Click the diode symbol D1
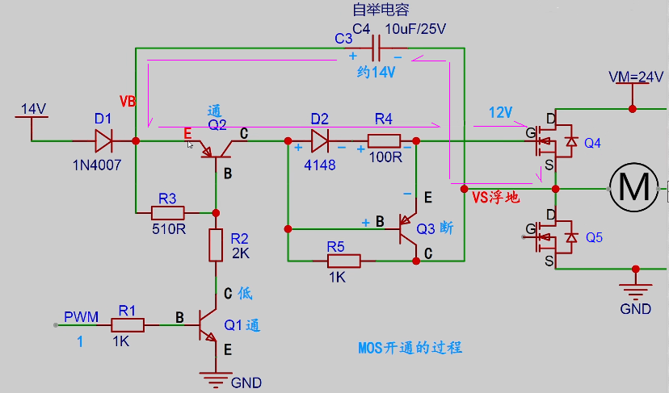click(103, 140)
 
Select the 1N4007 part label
click(97, 165)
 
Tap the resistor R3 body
click(168, 213)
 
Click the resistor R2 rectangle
click(216, 245)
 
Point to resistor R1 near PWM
click(128, 325)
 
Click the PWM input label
click(81, 317)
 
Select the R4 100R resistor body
click(384, 140)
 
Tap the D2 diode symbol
click(320, 140)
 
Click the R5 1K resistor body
click(344, 261)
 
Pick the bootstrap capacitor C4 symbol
click(376, 48)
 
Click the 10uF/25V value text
click(415, 29)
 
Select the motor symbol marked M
click(634, 187)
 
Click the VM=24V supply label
click(636, 77)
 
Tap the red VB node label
click(128, 102)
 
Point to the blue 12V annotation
click(500, 112)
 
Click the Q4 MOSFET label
click(592, 143)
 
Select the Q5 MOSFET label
click(594, 237)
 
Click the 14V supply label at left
click(34, 109)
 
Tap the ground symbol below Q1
click(216, 379)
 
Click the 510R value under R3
click(169, 229)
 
